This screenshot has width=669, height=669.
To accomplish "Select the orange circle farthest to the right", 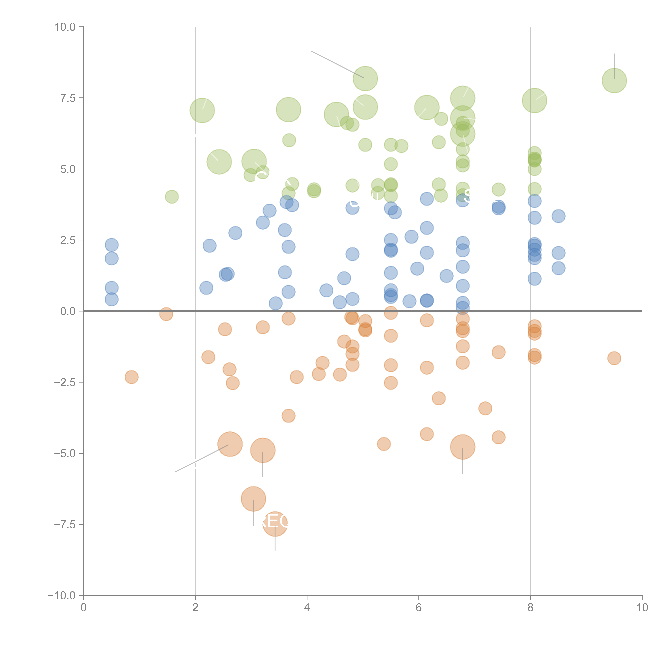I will (x=614, y=358).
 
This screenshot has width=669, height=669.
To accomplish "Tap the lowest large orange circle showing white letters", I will (x=275, y=524).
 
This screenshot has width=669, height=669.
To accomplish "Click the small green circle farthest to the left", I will (x=172, y=197).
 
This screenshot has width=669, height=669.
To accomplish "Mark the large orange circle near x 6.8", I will (x=463, y=447).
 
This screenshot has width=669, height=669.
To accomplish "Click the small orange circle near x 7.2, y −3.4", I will (x=485, y=408).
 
